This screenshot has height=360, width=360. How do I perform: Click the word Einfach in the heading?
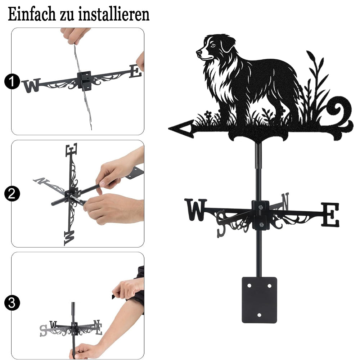click(x=32, y=14)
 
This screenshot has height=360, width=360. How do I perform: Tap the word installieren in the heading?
click(x=114, y=14)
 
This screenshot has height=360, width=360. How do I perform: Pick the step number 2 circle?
click(x=12, y=194)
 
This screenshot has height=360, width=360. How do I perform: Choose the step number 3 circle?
click(x=12, y=303)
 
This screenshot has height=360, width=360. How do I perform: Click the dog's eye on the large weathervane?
click(x=213, y=46)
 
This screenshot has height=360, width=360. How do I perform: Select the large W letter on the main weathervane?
click(x=196, y=210)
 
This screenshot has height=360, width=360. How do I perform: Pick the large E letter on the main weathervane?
click(x=330, y=215)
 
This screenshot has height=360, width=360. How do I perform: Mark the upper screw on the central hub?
click(x=260, y=208)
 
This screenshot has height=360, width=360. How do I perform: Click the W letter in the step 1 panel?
click(x=32, y=85)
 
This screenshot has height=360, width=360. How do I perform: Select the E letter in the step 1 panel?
click(x=135, y=71)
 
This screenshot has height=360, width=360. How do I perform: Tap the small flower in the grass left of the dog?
click(x=208, y=114)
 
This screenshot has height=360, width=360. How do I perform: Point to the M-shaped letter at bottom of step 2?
click(x=69, y=238)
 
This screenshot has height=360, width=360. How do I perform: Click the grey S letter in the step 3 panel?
click(x=44, y=330)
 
